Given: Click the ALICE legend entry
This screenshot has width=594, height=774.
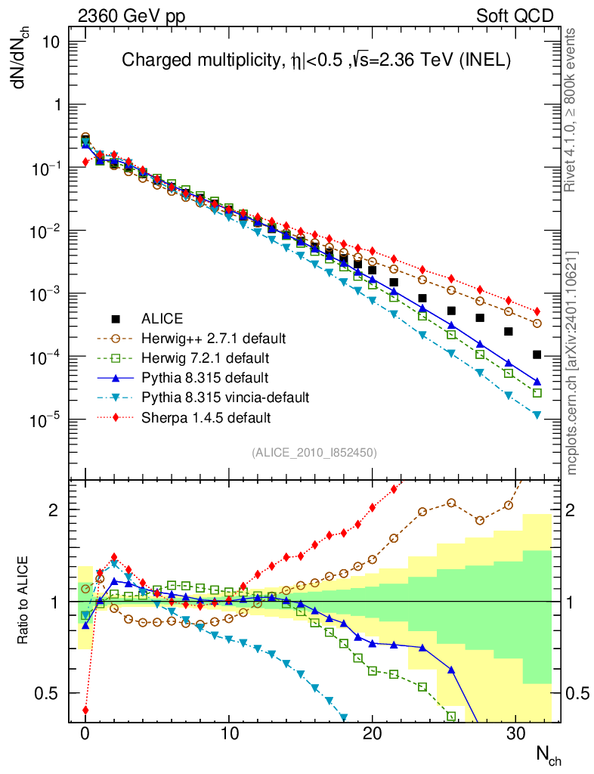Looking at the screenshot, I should [163, 319].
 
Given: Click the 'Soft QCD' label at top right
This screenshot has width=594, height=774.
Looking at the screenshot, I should [515, 16].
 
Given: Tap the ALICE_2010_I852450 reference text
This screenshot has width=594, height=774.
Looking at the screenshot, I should [314, 452].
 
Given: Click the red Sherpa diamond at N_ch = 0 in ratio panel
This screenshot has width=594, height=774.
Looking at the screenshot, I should [85, 710].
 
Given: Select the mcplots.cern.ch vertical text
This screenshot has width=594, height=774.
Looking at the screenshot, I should [572, 363].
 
